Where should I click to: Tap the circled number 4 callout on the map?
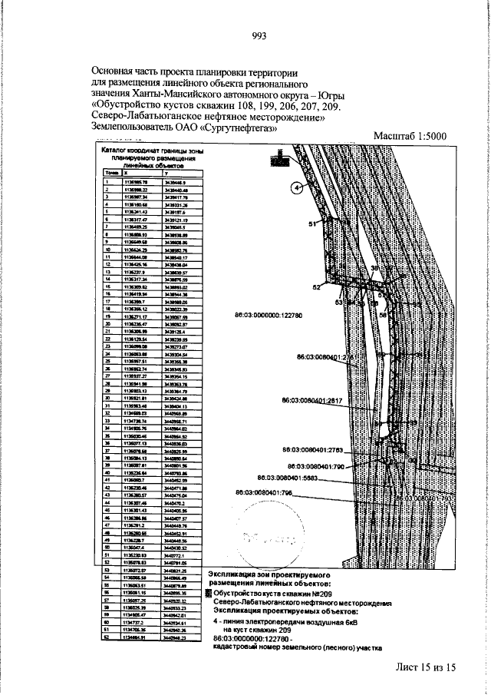pos(296,187)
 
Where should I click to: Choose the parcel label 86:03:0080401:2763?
pos(316,450)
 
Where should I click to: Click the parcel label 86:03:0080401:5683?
pos(296,477)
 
